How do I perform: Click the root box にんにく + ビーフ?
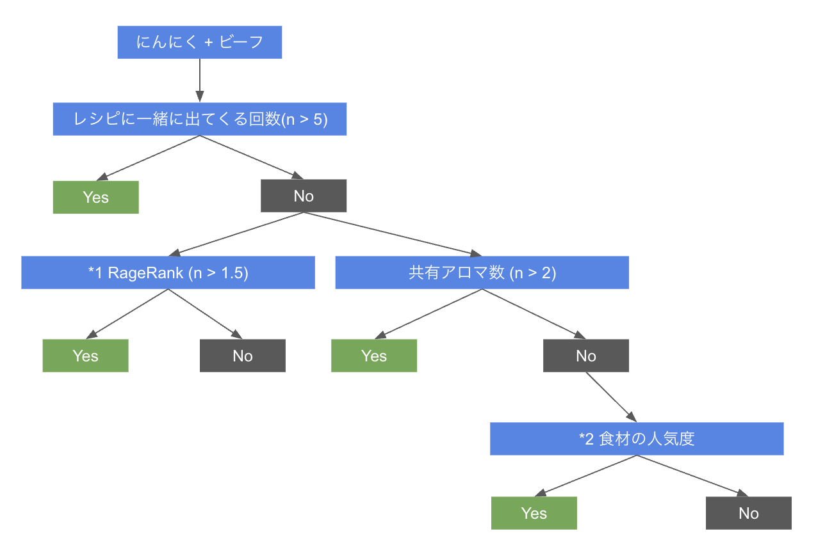point(200,43)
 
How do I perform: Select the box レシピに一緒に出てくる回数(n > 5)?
point(200,119)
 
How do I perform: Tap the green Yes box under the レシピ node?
point(96,197)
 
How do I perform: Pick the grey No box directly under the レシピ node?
point(304,196)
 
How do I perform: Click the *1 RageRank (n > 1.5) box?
point(168,272)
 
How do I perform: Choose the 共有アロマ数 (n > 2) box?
point(482,272)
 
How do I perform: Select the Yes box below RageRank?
point(85,356)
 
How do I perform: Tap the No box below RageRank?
point(243,356)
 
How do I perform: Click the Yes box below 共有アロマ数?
point(374,356)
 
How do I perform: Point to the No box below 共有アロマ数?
point(586,356)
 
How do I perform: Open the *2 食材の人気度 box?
point(637,439)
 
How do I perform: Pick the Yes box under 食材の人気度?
point(534,513)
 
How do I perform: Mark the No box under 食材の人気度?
point(749,513)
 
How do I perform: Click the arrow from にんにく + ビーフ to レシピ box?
point(200,80)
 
